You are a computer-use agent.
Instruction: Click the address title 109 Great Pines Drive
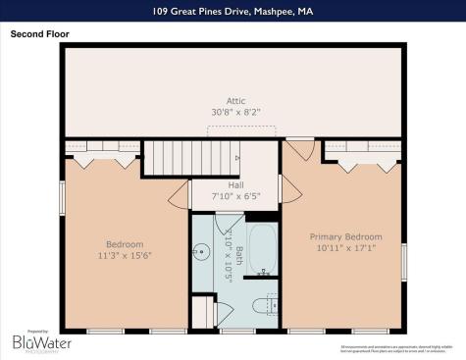pyautogui.click(x=233, y=11)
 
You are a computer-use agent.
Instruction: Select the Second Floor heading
pyautogui.click(x=38, y=33)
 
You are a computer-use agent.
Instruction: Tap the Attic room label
pyautogui.click(x=235, y=101)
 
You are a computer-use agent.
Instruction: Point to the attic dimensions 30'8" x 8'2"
pyautogui.click(x=235, y=113)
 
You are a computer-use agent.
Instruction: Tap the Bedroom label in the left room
pyautogui.click(x=125, y=244)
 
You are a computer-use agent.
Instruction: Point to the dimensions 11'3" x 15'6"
pyautogui.click(x=125, y=256)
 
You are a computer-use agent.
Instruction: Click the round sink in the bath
pyautogui.click(x=201, y=251)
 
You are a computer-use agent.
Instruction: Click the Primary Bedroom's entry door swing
pyautogui.click(x=298, y=150)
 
